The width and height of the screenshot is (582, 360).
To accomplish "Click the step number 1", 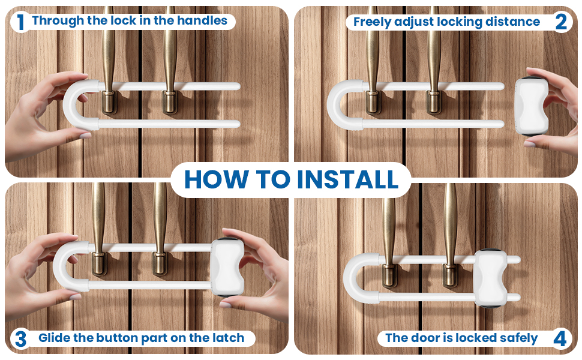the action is [21, 22].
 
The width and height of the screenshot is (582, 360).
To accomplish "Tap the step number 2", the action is [561, 22].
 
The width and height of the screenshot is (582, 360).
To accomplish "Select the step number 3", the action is [21, 339].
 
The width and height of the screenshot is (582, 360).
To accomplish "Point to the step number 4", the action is [560, 339].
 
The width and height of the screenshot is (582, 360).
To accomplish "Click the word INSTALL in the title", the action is [348, 179].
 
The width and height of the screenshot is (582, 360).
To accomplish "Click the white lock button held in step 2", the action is [532, 106].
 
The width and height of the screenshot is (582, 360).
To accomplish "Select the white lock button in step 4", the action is [491, 278].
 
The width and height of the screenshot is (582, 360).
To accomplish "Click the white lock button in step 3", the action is [227, 267].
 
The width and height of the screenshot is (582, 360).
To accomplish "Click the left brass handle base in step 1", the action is [109, 103].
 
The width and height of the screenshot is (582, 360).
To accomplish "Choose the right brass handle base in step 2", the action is [434, 102].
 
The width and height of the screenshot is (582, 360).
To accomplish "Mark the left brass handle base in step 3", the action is [99, 263].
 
